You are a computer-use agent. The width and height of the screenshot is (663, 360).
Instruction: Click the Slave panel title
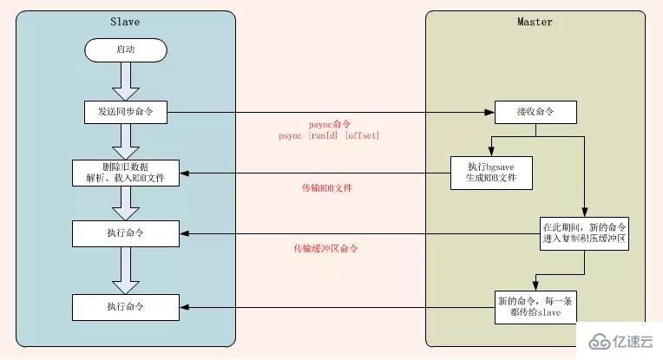click(125, 22)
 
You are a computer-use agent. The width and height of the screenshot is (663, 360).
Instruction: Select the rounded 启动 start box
click(125, 50)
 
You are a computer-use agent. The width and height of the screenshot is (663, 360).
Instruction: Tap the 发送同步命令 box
click(125, 113)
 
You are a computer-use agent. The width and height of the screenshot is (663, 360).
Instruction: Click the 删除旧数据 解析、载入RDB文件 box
click(125, 173)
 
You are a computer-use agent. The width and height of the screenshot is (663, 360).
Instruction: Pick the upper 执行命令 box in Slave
click(125, 232)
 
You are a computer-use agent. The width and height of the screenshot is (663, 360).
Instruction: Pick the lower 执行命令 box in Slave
click(125, 306)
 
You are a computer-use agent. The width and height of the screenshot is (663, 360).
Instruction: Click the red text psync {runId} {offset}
click(330, 136)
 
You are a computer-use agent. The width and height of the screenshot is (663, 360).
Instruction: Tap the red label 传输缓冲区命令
click(325, 248)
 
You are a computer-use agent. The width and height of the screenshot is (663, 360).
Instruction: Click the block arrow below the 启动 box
click(125, 82)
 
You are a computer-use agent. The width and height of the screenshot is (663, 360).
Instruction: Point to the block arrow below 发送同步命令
click(125, 141)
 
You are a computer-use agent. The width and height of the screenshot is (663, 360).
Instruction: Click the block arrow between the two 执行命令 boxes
click(125, 269)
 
